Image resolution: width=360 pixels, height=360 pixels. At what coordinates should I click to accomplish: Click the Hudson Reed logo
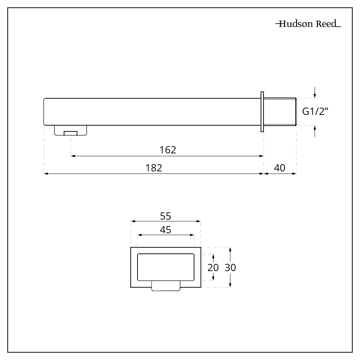click(x=308, y=25)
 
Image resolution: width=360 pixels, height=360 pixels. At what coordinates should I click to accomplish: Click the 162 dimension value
click(x=168, y=150)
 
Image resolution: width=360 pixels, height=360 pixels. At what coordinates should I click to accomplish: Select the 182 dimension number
click(x=154, y=168)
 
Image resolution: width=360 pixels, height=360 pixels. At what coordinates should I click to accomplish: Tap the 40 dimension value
click(x=280, y=168)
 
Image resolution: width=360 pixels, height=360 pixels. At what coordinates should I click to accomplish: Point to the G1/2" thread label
click(x=316, y=112)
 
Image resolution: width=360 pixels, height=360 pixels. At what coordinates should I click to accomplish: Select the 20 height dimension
click(x=213, y=267)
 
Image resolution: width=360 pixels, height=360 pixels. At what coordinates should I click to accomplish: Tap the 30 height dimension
click(x=230, y=267)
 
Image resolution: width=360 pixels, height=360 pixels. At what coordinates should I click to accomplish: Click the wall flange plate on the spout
click(x=262, y=112)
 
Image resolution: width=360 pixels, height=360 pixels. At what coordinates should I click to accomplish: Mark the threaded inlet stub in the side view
click(x=280, y=112)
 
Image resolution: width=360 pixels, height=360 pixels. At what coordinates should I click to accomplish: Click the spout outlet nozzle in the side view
click(x=71, y=130)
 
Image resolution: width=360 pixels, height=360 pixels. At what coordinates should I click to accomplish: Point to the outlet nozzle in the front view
click(x=166, y=286)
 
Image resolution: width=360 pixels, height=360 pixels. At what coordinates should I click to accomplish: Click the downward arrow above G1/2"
click(x=315, y=93)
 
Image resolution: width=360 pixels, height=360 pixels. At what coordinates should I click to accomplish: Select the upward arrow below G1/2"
click(x=315, y=131)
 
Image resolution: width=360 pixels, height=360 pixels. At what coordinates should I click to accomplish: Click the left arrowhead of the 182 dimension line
click(x=46, y=174)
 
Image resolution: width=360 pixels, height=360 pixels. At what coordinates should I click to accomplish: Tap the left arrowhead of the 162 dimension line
click(x=73, y=156)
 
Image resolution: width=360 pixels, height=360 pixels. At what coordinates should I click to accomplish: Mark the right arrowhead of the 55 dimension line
click(x=198, y=221)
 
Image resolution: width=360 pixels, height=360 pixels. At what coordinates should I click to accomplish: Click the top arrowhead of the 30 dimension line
click(x=230, y=249)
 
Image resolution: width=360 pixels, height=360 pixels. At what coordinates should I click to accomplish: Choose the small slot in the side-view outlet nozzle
click(x=71, y=133)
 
